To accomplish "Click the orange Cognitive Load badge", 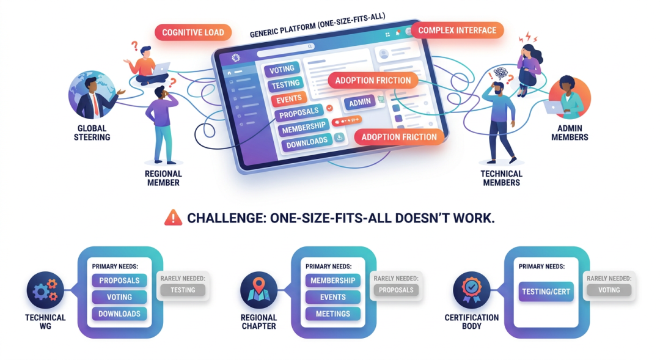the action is [x=193, y=32].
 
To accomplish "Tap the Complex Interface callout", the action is [x=457, y=31].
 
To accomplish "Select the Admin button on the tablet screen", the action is [x=360, y=102].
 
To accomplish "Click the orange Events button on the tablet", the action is [x=288, y=100].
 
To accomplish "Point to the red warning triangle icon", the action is [x=173, y=218].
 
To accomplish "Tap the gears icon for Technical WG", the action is [x=45, y=290].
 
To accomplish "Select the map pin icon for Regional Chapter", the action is [x=258, y=290].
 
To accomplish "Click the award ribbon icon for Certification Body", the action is [x=472, y=290].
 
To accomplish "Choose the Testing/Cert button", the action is [x=546, y=292].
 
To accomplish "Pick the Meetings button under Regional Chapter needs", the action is [x=333, y=314].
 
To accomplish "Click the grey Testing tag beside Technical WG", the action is [x=183, y=290].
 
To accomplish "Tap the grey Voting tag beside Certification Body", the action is [x=609, y=290].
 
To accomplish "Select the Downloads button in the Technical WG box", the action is [x=120, y=314].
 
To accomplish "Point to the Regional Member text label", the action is [x=163, y=178].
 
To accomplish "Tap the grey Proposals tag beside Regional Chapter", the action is [x=396, y=290].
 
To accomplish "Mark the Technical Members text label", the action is [x=501, y=178].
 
